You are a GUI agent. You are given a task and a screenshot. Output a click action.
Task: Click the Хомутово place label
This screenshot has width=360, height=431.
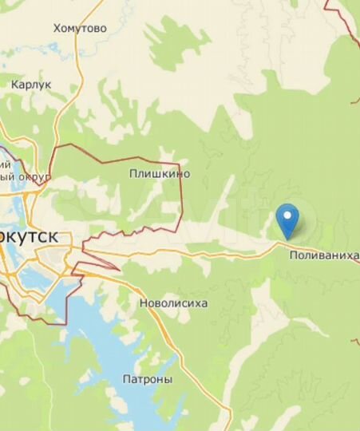point(80,29)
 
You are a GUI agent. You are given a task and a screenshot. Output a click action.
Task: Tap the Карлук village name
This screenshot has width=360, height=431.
point(30,83)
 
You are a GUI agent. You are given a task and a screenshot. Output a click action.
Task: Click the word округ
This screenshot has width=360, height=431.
point(37,176)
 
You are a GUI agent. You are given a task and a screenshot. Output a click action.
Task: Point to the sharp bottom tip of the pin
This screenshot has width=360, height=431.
point(287,239)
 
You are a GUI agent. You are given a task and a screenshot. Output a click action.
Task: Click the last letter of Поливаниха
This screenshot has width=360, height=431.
point(355,255)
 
